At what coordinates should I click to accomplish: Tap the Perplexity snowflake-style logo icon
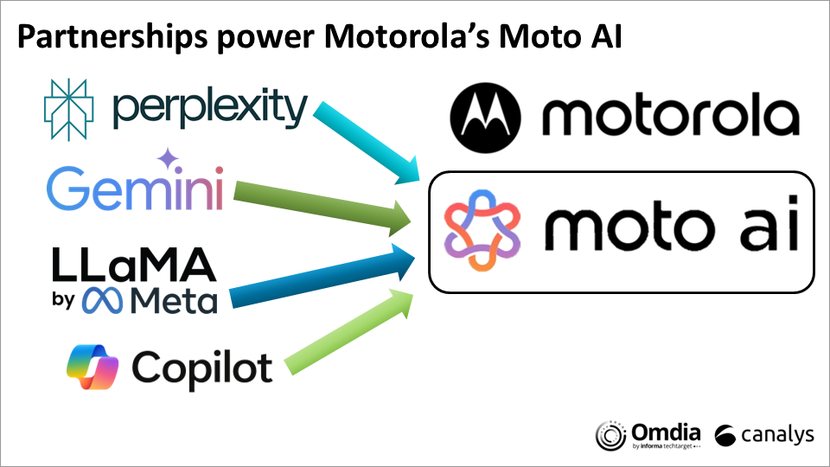(69, 110)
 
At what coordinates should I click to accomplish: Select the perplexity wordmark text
(210, 108)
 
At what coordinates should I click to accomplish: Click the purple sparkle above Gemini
(168, 158)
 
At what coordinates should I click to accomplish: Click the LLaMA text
(135, 264)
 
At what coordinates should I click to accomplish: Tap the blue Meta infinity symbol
(102, 300)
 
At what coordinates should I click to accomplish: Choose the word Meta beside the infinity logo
(174, 300)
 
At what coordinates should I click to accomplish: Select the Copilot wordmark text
(201, 369)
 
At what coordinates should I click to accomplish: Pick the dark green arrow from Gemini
(322, 208)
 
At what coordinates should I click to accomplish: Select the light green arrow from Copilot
(349, 332)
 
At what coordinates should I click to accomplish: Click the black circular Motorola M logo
(485, 118)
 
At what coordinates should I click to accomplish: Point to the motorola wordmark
(671, 114)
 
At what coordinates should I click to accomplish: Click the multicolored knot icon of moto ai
(482, 230)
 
